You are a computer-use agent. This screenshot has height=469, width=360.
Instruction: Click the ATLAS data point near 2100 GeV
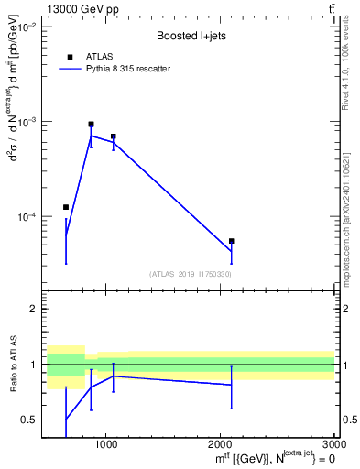point(232,241)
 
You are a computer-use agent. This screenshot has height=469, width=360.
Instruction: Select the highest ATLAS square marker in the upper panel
point(91,124)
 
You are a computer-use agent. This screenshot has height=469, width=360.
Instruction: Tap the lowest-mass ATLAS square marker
point(66,207)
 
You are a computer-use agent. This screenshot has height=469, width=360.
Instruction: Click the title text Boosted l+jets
point(191,37)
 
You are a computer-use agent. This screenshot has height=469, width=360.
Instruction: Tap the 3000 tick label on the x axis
point(334,444)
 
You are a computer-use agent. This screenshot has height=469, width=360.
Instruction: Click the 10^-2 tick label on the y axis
point(26,27)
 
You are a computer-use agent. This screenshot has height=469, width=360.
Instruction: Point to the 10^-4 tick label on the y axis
point(26,217)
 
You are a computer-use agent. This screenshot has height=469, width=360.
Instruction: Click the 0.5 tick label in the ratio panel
point(29,420)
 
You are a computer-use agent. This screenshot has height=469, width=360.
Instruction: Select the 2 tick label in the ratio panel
point(34,309)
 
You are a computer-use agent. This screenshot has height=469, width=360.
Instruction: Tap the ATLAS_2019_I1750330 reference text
point(191,274)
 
